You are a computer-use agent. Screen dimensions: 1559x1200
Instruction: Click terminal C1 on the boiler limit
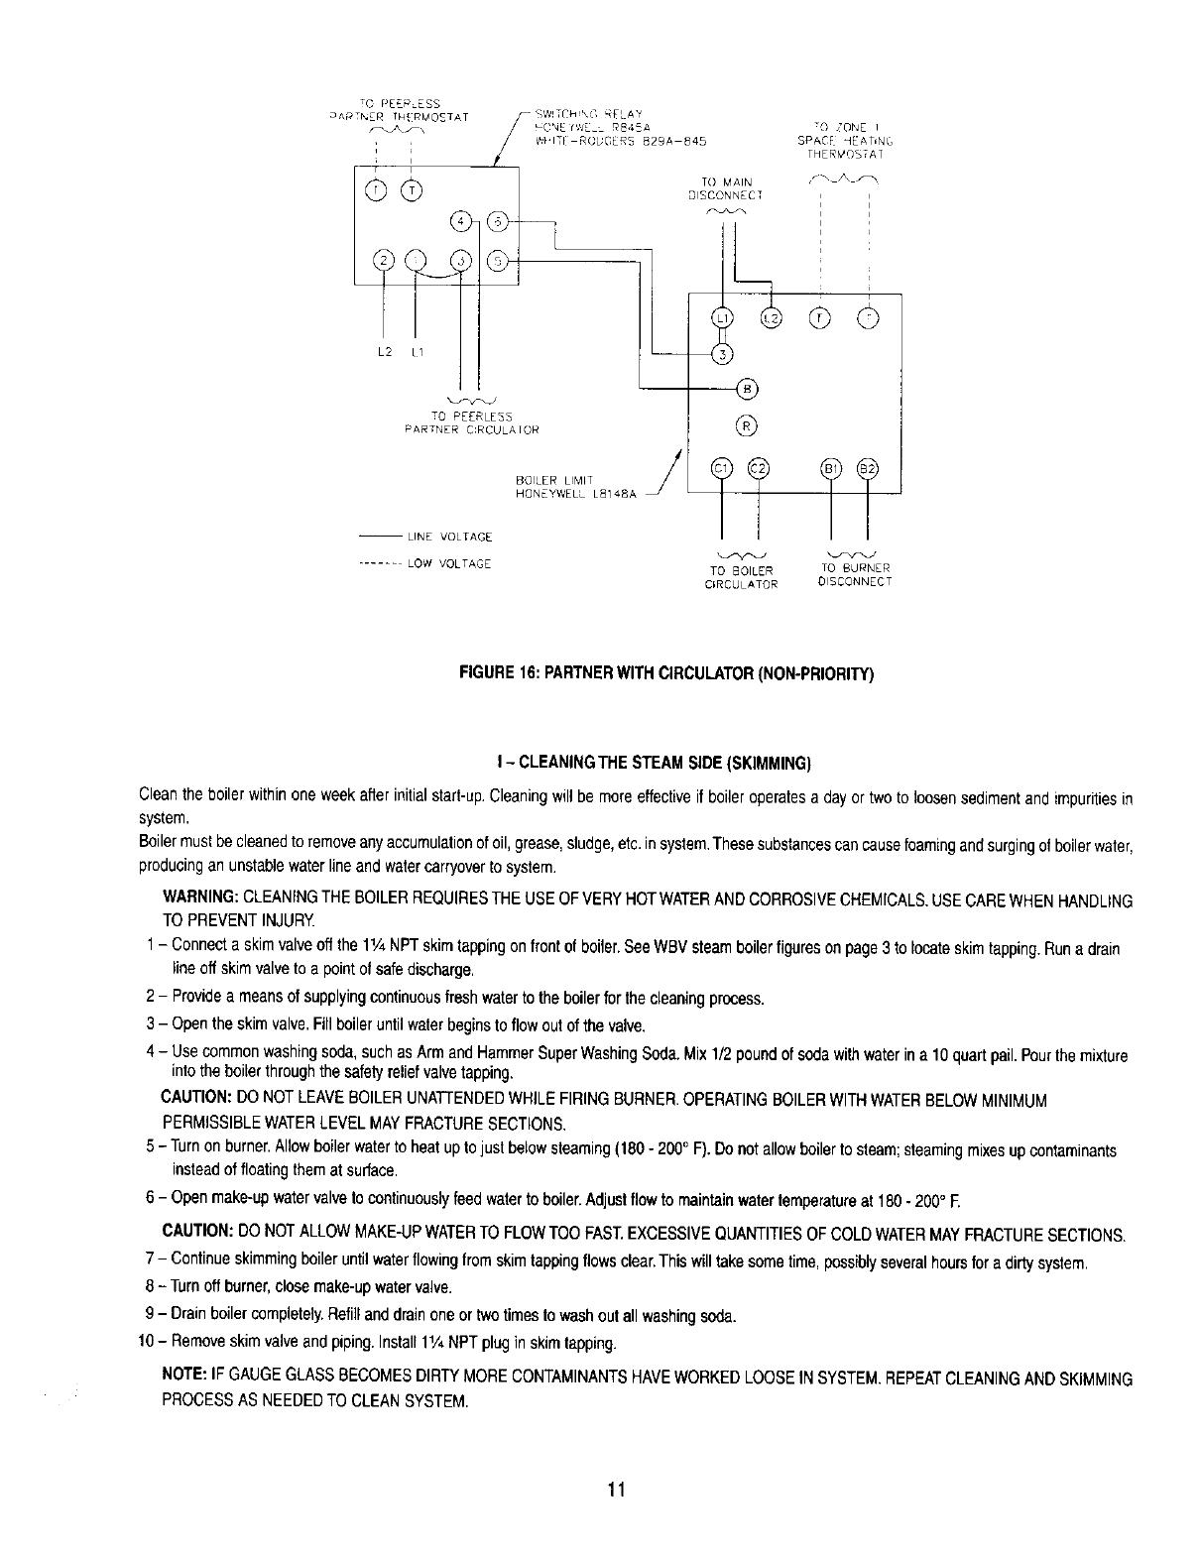(x=721, y=469)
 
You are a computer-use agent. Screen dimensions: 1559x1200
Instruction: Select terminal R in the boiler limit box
(x=746, y=426)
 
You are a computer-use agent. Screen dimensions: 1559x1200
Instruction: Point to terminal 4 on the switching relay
(x=460, y=219)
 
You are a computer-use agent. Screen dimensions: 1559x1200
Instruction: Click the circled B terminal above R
(x=746, y=386)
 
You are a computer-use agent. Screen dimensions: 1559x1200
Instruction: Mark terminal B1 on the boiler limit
(x=829, y=469)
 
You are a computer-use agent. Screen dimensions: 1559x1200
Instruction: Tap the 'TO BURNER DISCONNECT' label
(x=856, y=575)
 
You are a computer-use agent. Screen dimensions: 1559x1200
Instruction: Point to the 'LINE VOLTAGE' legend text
(x=449, y=538)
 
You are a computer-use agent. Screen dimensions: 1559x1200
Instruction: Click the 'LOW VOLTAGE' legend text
(x=449, y=564)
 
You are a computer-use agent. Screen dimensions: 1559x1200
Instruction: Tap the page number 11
(x=616, y=1490)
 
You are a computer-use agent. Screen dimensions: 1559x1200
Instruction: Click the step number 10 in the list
(x=146, y=1344)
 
